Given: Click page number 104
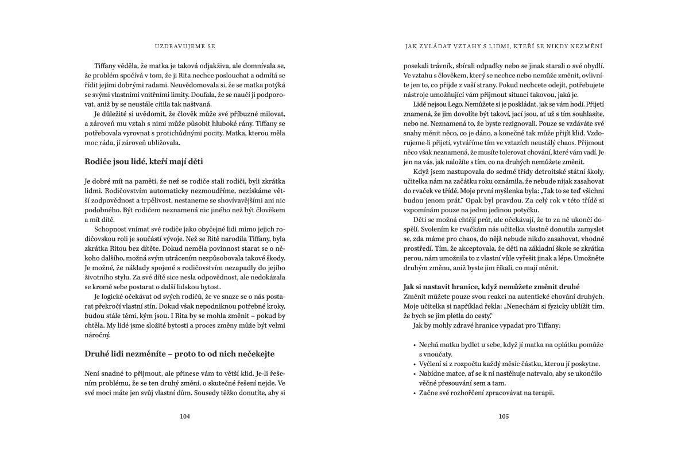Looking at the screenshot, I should [184, 417].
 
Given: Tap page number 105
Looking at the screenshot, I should [504, 417].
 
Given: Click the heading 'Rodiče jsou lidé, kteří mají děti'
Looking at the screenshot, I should [144, 161].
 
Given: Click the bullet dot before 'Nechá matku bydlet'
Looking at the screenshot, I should [415, 345].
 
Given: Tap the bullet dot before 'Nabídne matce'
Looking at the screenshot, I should [415, 374].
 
